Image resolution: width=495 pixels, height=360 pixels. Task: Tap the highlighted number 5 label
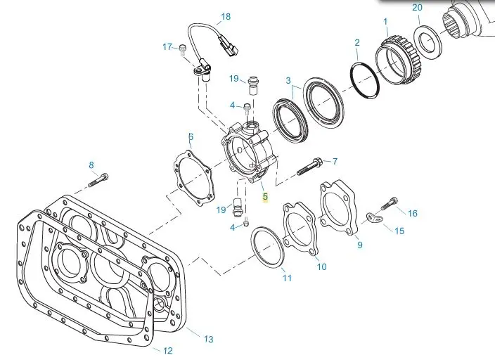pyautogui.click(x=265, y=198)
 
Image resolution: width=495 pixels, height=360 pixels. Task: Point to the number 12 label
pyautogui.click(x=167, y=350)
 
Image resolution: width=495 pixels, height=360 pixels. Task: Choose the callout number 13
pyautogui.click(x=208, y=340)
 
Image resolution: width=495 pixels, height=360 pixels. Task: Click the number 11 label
pyautogui.click(x=286, y=278)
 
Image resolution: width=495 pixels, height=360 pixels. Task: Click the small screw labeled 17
pyautogui.click(x=182, y=49)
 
